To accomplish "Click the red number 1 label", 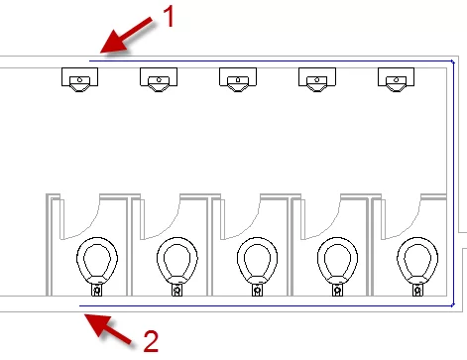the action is click(x=169, y=17).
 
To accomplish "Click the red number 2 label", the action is click(x=152, y=341).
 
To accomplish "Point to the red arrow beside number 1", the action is click(x=126, y=35).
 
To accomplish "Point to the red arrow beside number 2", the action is click(x=108, y=330).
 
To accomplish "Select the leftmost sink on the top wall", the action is click(x=79, y=79).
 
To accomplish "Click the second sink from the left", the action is click(x=159, y=79).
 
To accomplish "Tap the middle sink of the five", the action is click(x=238, y=79).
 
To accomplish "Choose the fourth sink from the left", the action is click(x=317, y=79).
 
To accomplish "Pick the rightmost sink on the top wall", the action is click(x=396, y=79).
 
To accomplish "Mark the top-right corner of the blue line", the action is click(x=454, y=61).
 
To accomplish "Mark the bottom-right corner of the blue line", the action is click(x=454, y=305).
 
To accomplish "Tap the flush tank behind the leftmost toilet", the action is click(x=97, y=291).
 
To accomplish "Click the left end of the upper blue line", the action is click(x=89, y=60).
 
